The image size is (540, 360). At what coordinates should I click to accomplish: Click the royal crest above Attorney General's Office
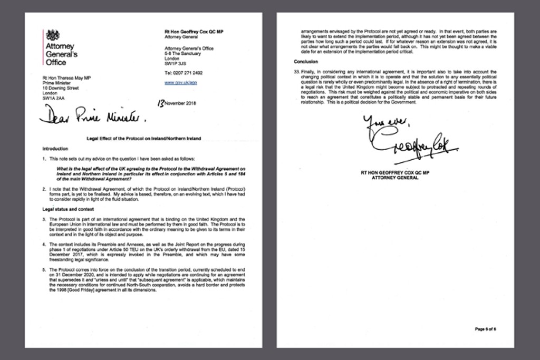coord(53,35)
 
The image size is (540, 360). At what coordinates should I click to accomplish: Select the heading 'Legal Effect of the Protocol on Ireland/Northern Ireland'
coord(143,139)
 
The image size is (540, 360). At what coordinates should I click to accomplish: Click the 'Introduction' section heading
coord(55,149)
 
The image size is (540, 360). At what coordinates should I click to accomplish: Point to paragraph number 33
coord(296,71)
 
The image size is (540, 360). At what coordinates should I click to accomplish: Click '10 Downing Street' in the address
coord(61,88)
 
